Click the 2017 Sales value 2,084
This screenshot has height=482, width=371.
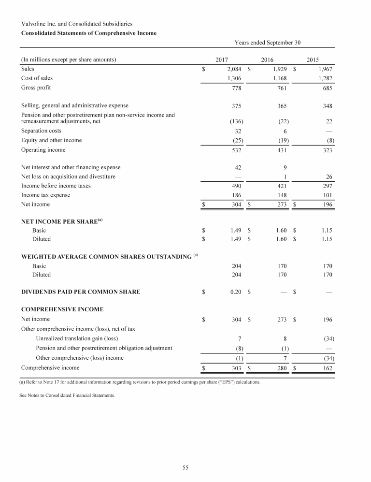(234, 69)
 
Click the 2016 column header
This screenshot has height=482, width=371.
(267, 60)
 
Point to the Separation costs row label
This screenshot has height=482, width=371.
(41, 131)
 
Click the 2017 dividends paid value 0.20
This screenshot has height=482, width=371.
(236, 292)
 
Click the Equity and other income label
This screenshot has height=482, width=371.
(52, 140)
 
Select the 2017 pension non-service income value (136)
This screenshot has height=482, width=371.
(235, 121)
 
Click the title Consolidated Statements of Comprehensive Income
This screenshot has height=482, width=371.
(88, 33)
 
